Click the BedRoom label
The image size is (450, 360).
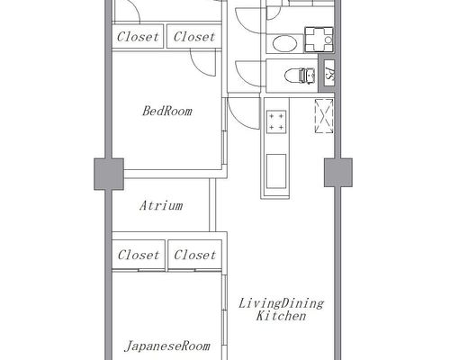[x=167, y=111]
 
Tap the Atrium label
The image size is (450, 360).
[x=161, y=206]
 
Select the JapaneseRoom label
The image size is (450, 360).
[x=167, y=346]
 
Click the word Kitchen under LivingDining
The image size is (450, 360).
[x=281, y=316]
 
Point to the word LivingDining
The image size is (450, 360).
[x=281, y=303]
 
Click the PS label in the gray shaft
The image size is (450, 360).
[x=329, y=74]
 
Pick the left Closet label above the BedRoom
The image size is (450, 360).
[x=138, y=37]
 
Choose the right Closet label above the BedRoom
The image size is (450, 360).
[x=194, y=37]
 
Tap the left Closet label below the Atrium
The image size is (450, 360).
[x=139, y=255]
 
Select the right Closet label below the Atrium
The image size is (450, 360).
[x=194, y=255]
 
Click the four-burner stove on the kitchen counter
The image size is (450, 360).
[x=276, y=121]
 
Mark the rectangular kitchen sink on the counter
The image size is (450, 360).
[x=276, y=171]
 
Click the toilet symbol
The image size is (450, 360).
[x=300, y=76]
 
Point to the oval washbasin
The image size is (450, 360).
[x=284, y=44]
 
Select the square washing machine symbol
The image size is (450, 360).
[x=319, y=40]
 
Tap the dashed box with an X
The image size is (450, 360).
[x=324, y=116]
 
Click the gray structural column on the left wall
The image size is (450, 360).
[x=109, y=174]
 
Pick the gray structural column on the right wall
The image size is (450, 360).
[x=338, y=173]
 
